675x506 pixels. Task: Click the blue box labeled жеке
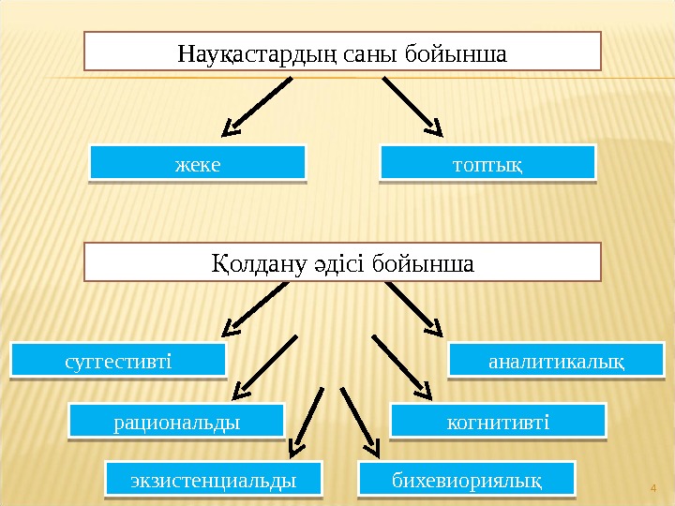click(198, 161)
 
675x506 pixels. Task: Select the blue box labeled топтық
click(487, 161)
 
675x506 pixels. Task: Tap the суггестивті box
click(118, 360)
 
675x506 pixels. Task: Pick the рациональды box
click(176, 421)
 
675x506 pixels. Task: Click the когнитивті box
click(498, 421)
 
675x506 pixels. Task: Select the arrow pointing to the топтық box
click(412, 105)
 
